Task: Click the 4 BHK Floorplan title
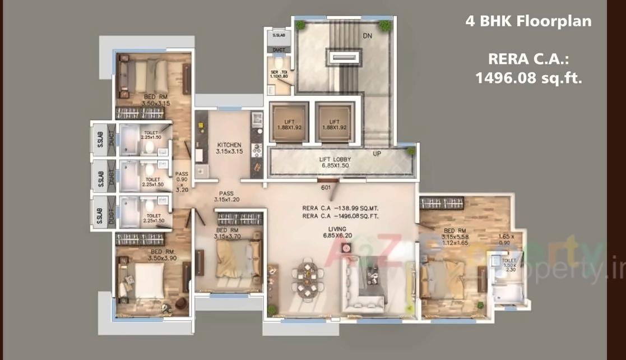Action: coord(528,22)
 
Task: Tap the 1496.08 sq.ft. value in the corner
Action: coord(528,78)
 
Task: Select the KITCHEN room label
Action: coord(229,148)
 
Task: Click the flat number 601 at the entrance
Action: coord(324,188)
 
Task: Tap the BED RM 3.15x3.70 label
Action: coord(229,233)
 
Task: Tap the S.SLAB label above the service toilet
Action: coord(279,35)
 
